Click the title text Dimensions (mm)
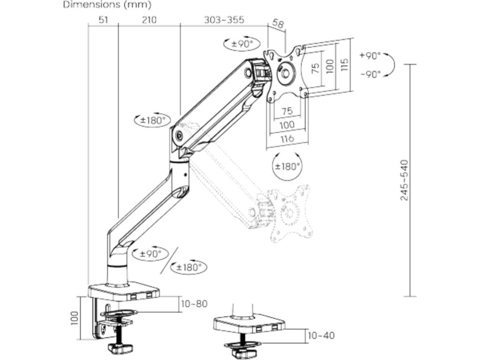click(107, 6)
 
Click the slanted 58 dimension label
click(277, 24)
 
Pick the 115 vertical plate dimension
click(345, 63)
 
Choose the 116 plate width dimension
click(287, 138)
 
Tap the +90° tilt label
click(370, 55)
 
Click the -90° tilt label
click(370, 74)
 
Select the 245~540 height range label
click(404, 180)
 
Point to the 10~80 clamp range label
click(194, 304)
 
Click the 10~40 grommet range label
click(322, 336)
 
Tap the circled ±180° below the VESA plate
click(287, 166)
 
